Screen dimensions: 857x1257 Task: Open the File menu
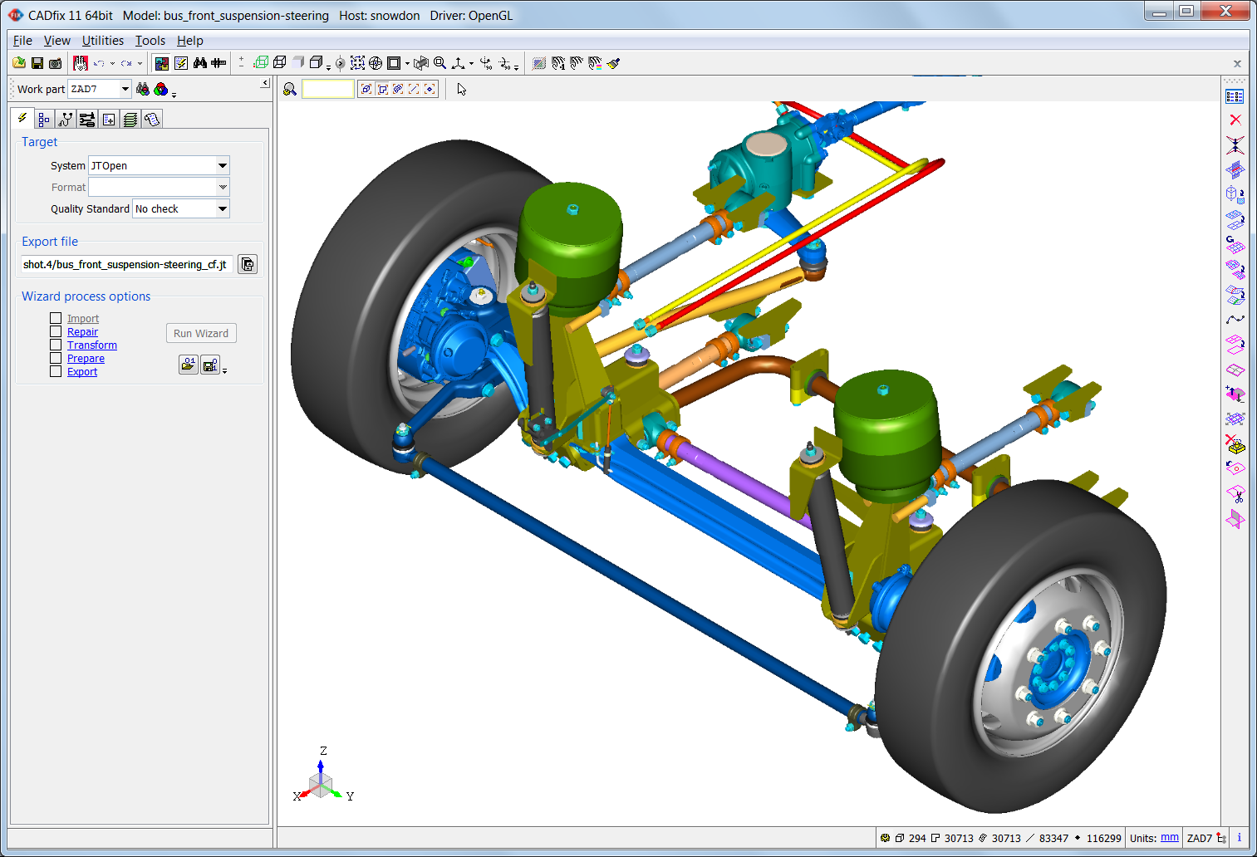(x=22, y=41)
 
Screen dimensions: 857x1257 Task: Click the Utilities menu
(x=103, y=41)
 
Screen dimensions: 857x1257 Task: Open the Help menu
(x=189, y=41)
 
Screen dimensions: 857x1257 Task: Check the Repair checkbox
(x=56, y=332)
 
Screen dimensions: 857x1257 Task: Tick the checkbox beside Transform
(x=56, y=345)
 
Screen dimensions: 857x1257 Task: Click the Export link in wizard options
(x=82, y=372)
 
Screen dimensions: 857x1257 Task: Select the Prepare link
(x=86, y=359)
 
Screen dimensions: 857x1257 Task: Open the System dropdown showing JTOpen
(x=222, y=166)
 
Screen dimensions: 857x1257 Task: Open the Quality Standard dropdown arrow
(x=222, y=209)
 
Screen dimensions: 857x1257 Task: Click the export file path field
(x=126, y=265)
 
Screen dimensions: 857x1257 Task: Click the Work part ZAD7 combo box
(x=99, y=89)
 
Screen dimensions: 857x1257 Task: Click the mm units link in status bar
(x=1169, y=838)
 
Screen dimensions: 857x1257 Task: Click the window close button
(x=1226, y=11)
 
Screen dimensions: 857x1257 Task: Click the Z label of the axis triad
(x=323, y=751)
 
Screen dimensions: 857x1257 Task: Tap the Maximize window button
(x=1186, y=11)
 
